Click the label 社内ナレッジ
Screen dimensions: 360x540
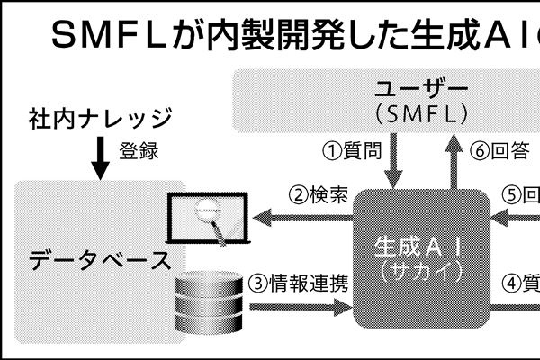coord(99,118)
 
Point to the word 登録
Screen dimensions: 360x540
coord(139,151)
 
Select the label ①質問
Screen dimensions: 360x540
coord(351,150)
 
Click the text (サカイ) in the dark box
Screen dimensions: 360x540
coord(420,269)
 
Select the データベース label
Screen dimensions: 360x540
coord(99,261)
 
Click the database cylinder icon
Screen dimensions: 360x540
coord(209,302)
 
